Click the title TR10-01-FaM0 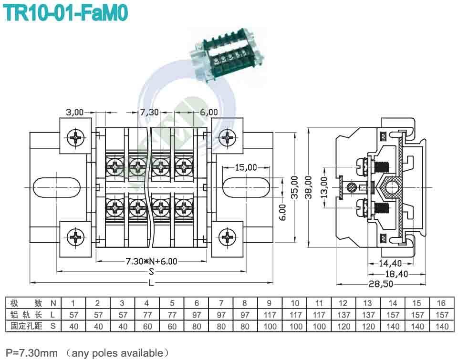[66, 13]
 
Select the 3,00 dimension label [74, 112]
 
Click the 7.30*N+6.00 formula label [151, 261]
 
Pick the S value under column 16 [442, 326]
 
